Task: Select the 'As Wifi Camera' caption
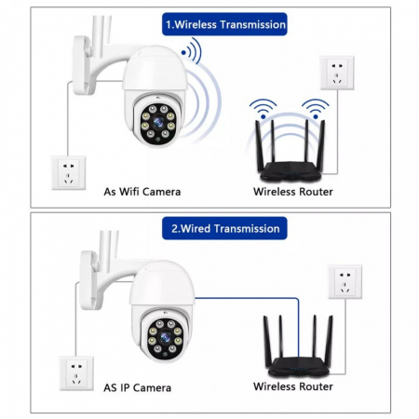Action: pos(142,192)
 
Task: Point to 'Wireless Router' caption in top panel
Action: pos(294,192)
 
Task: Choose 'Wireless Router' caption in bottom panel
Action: pos(294,385)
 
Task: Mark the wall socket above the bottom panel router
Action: pos(345,280)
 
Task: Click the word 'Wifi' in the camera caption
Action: pos(132,192)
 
